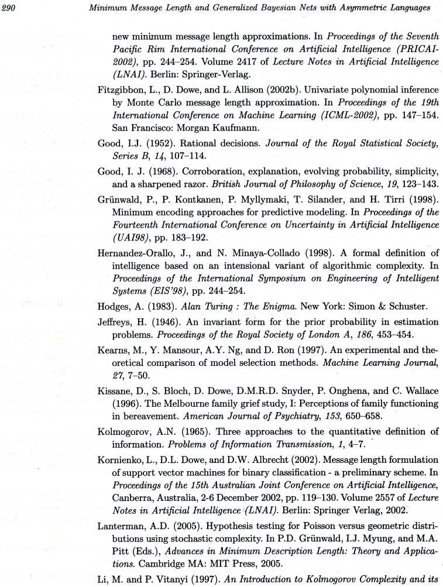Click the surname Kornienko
pyautogui.click(x=120, y=459)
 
